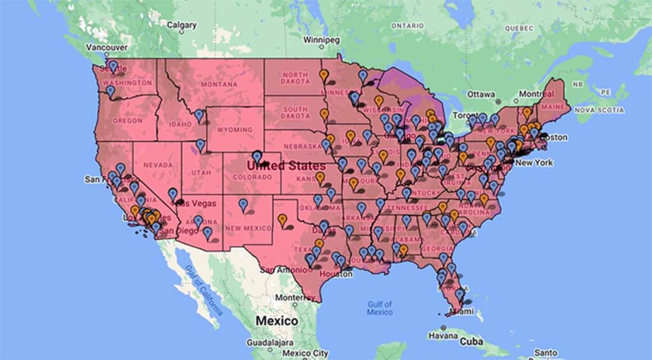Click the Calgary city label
(181, 25)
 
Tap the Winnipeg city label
(322, 39)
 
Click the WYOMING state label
(234, 130)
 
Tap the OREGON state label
(127, 120)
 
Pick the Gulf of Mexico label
(379, 308)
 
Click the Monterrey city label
(295, 298)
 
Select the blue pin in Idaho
(199, 115)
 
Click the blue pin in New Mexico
(243, 205)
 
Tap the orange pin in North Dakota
(323, 75)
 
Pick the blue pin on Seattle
(113, 66)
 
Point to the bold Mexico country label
(276, 320)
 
